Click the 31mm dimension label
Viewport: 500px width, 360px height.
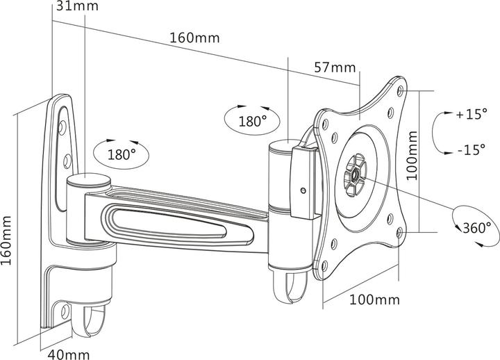click(x=77, y=6)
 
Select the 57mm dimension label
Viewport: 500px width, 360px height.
click(x=335, y=67)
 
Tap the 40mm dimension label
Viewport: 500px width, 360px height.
click(x=69, y=354)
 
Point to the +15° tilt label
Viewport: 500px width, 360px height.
click(x=472, y=114)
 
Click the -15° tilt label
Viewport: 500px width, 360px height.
click(x=472, y=149)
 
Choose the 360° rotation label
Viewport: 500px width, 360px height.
click(x=477, y=228)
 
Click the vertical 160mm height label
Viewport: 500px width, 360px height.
click(x=6, y=240)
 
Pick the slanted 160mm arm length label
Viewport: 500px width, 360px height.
click(x=194, y=38)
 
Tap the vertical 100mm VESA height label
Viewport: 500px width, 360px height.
click(x=412, y=155)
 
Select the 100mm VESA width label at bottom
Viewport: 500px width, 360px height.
click(x=375, y=300)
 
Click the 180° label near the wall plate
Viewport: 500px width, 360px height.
click(x=122, y=154)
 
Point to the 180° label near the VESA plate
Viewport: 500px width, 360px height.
click(x=253, y=121)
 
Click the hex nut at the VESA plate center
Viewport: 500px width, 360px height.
click(x=355, y=175)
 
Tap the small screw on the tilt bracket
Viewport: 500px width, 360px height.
click(x=303, y=190)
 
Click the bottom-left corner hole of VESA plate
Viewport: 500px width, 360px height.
click(x=324, y=265)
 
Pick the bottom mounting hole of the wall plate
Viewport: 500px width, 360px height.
click(x=65, y=310)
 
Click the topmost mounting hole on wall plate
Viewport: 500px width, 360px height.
click(x=62, y=126)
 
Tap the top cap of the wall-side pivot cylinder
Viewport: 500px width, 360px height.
click(x=88, y=180)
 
